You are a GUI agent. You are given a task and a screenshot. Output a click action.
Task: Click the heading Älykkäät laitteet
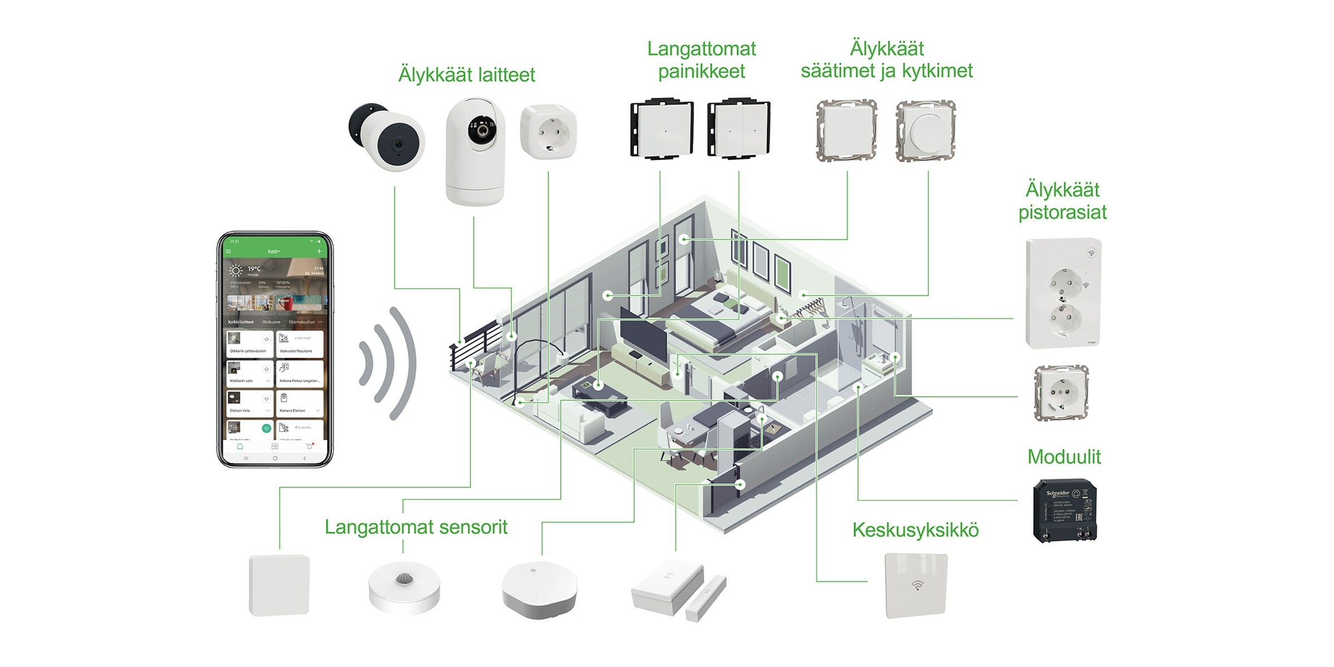click(466, 75)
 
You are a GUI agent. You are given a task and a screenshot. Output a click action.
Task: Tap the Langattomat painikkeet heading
click(701, 60)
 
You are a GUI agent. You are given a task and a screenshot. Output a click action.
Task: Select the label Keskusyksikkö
click(915, 530)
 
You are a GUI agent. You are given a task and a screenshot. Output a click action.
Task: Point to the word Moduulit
click(1063, 457)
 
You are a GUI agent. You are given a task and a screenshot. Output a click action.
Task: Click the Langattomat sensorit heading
click(416, 527)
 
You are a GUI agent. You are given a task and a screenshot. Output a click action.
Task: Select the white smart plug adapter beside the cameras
click(548, 132)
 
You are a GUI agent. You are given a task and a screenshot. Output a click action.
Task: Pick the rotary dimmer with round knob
click(926, 131)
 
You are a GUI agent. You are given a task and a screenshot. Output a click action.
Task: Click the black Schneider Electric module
click(1064, 510)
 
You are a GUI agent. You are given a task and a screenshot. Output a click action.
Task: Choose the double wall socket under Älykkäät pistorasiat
click(1063, 293)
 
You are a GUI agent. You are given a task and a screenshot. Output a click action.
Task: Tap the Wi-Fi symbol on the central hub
click(917, 585)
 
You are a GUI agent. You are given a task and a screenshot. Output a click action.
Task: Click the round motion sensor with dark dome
click(404, 586)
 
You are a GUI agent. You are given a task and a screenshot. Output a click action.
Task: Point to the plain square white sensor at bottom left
click(279, 585)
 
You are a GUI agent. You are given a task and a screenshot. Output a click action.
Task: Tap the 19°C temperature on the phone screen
click(254, 269)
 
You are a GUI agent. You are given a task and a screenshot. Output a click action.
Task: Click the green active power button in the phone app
click(266, 428)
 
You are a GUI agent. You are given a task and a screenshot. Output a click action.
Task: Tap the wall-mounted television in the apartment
click(643, 334)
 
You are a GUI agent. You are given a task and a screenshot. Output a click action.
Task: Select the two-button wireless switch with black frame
click(738, 130)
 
